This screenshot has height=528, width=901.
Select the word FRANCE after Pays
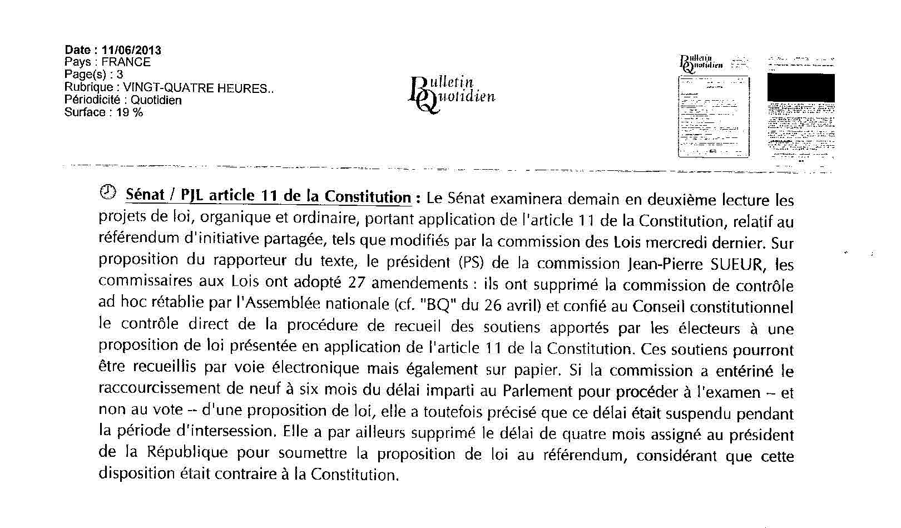126,62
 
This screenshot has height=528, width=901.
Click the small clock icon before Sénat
107,193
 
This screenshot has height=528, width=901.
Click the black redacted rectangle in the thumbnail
801,88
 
